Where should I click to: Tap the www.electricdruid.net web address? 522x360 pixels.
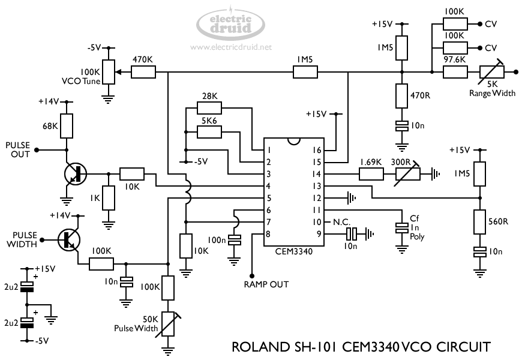pos(230,47)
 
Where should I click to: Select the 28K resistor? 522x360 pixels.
pos(209,108)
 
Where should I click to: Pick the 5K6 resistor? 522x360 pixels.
pos(209,131)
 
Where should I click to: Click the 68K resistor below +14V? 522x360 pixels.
pos(67,125)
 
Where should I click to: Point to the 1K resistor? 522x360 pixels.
pos(109,198)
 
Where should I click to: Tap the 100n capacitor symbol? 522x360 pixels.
pos(235,240)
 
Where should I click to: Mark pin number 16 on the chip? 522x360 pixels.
pos(317,151)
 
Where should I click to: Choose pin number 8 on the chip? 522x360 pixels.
pos(268,234)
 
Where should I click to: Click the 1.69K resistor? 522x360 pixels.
pos(371,175)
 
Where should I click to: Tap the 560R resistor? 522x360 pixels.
pos(479,220)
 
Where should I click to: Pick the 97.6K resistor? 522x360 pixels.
pos(455,73)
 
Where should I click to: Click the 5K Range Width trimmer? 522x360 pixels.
pos(491,73)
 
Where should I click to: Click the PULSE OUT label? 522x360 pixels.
pos(17,149)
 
